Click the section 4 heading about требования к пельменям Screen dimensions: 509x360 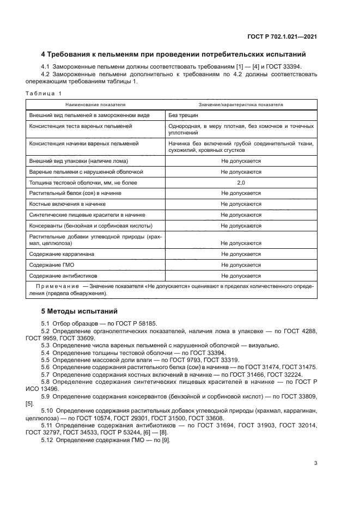173,54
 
